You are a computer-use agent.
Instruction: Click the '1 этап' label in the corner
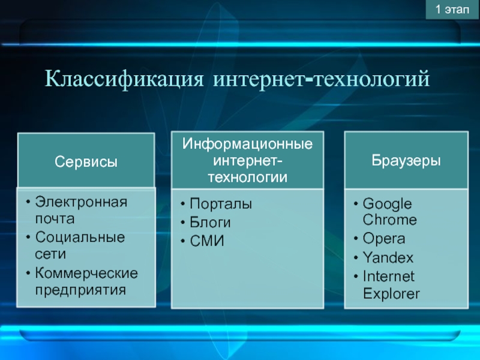click(x=452, y=10)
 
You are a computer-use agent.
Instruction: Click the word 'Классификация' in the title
click(x=124, y=79)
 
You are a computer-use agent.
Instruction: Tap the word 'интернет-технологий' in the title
click(x=322, y=79)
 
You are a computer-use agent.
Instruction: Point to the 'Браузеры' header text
click(x=406, y=160)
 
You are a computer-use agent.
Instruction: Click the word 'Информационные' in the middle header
click(x=247, y=143)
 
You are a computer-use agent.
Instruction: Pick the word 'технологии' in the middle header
click(x=248, y=177)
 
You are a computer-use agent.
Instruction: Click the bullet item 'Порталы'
click(x=221, y=204)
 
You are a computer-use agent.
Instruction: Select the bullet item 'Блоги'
click(x=210, y=222)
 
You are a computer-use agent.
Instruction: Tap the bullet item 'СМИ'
click(x=207, y=241)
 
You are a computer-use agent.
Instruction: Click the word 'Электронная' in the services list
click(x=81, y=202)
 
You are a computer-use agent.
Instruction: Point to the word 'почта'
click(x=55, y=219)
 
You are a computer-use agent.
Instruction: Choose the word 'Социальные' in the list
click(x=80, y=237)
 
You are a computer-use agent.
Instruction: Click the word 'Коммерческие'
click(x=86, y=273)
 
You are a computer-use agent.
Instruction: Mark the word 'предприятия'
click(x=80, y=290)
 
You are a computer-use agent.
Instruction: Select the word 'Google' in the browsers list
click(x=387, y=204)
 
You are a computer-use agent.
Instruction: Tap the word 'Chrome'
click(x=389, y=220)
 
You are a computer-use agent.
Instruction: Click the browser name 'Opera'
click(x=384, y=239)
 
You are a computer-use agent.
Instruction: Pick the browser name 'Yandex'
click(x=388, y=257)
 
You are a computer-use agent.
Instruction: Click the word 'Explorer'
click(x=391, y=294)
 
